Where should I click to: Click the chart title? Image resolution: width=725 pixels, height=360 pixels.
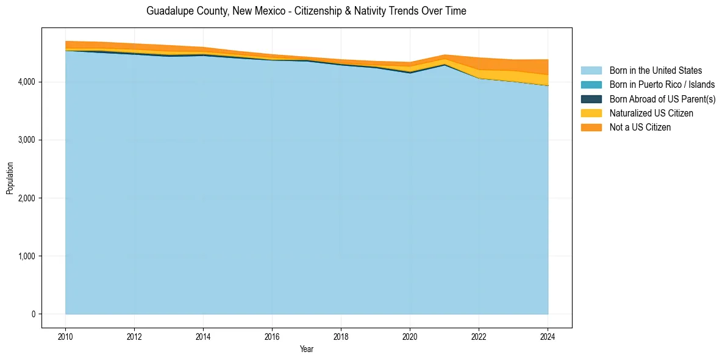(x=306, y=11)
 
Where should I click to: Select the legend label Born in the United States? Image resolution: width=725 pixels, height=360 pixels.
(x=655, y=71)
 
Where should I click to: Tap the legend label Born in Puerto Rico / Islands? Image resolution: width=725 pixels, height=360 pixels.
(x=662, y=85)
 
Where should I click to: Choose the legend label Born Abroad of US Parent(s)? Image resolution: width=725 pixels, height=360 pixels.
(x=662, y=99)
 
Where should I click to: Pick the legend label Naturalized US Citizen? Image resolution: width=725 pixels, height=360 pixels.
(x=651, y=113)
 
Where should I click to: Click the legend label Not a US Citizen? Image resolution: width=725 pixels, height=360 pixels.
(x=640, y=128)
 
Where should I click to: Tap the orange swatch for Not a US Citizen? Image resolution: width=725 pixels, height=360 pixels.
(x=591, y=128)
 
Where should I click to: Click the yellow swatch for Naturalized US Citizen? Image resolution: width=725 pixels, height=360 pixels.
(x=591, y=113)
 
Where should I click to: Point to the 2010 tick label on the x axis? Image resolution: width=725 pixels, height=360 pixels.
(x=65, y=336)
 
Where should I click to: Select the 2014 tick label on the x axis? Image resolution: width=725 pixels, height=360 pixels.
(x=203, y=336)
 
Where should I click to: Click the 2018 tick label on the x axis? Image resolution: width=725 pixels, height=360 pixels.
(x=341, y=336)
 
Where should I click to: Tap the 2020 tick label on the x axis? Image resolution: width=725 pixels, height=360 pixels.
(x=410, y=336)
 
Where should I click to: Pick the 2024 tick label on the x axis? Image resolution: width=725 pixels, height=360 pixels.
(x=548, y=336)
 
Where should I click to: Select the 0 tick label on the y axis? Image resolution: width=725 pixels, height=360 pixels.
(x=34, y=314)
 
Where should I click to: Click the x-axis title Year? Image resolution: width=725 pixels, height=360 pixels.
(x=307, y=350)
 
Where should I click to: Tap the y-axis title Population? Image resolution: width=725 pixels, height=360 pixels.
(x=10, y=178)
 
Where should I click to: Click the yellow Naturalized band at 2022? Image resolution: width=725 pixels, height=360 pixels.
(x=479, y=74)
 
